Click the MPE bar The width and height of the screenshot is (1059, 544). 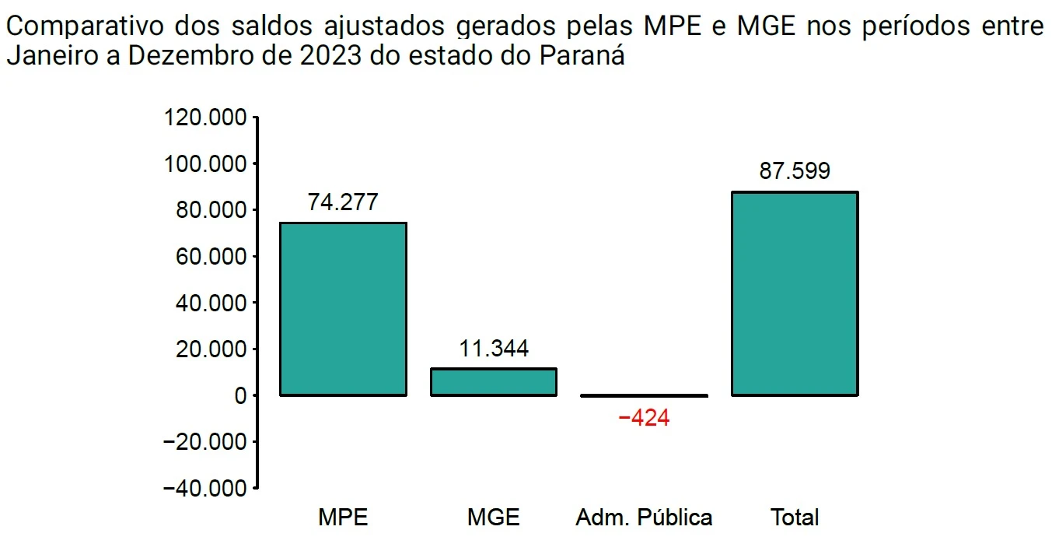tap(343, 309)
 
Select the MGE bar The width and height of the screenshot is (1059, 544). tap(493, 381)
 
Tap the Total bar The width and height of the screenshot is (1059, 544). tap(795, 293)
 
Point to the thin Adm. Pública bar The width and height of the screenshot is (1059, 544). tap(644, 395)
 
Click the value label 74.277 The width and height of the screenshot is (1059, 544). tap(343, 202)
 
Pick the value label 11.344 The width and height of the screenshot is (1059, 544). tap(493, 348)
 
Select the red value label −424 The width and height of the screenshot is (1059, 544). tap(644, 418)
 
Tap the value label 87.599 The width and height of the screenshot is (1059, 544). tap(795, 171)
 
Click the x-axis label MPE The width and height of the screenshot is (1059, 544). tap(343, 518)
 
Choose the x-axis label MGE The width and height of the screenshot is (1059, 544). tap(493, 518)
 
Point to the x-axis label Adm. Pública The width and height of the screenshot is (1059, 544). tap(644, 518)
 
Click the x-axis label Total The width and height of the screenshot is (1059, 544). tap(795, 518)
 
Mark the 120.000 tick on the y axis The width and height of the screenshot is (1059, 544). tap(205, 118)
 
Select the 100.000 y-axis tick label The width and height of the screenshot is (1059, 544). tap(205, 164)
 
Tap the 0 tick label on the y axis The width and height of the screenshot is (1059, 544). tap(240, 395)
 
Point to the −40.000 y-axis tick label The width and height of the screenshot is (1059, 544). tap(205, 488)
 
